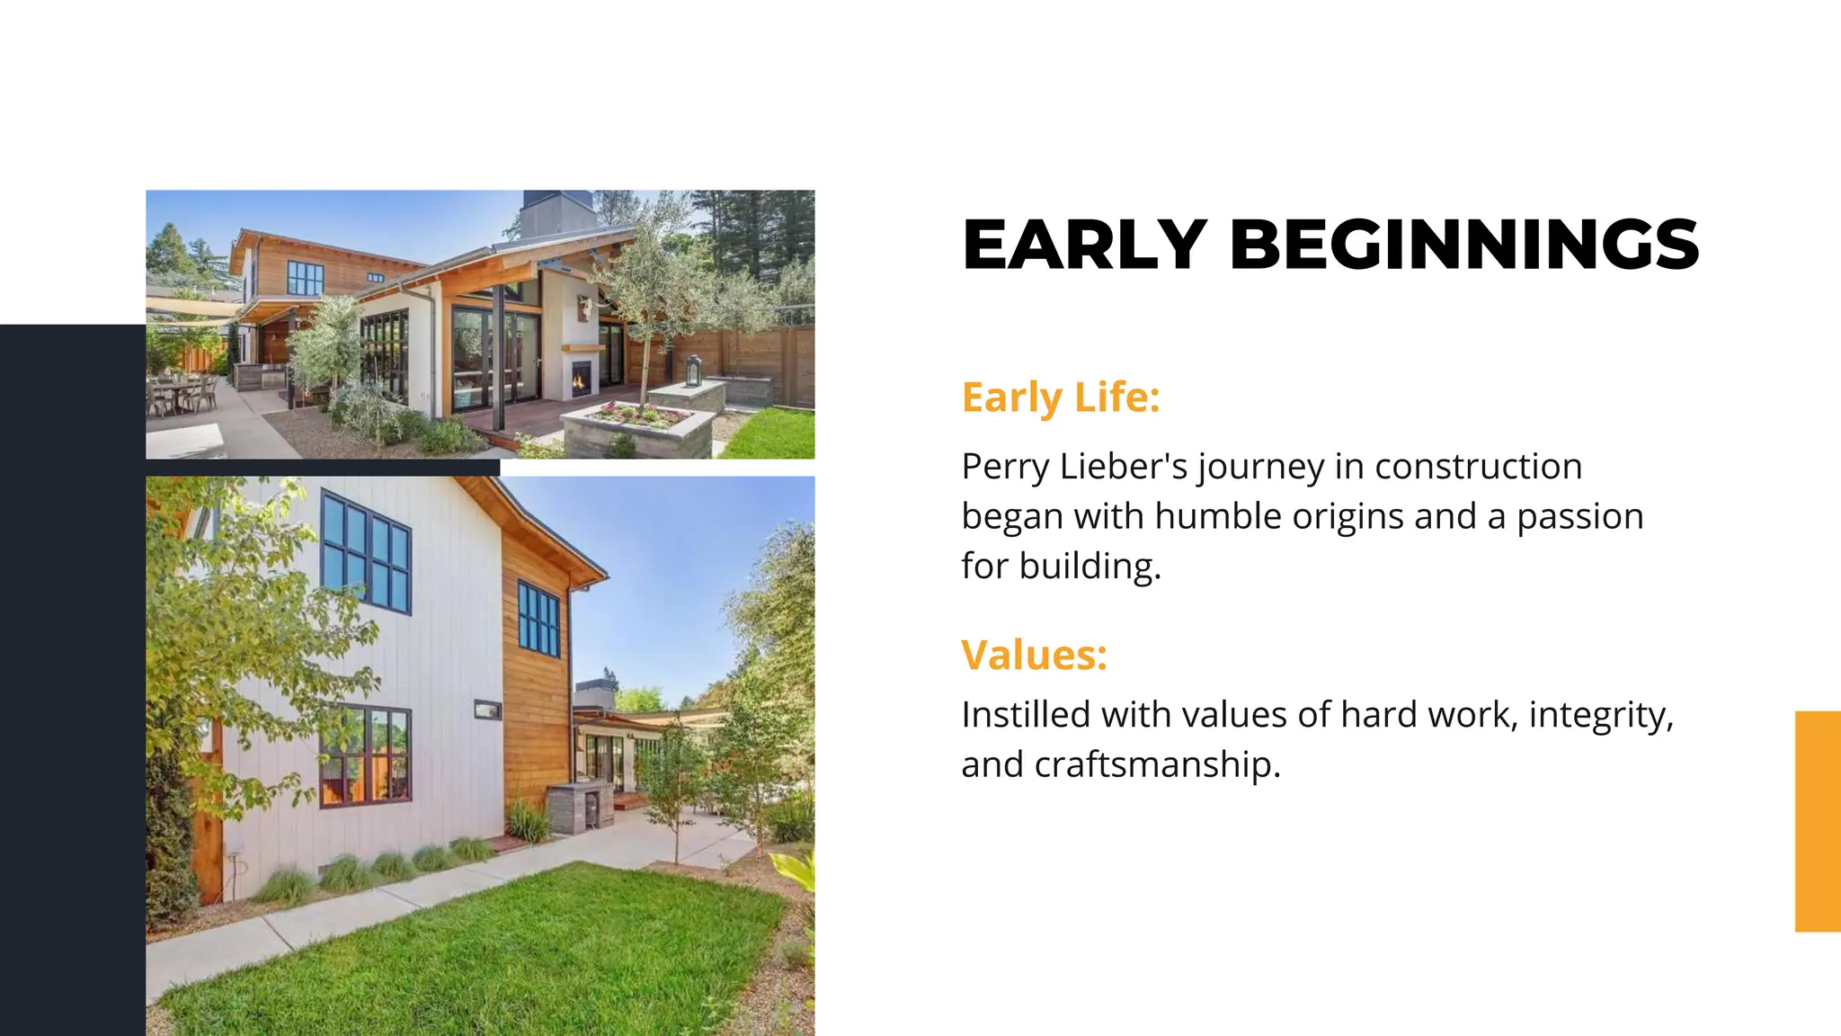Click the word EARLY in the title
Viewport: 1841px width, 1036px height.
point(1084,245)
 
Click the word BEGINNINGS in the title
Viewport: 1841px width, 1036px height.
point(1463,245)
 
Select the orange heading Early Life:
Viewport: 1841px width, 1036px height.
point(1061,397)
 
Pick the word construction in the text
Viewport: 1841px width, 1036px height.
point(1478,467)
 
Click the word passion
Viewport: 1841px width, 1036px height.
point(1579,517)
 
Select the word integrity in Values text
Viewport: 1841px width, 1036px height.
point(1600,715)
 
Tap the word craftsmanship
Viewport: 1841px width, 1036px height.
point(1156,764)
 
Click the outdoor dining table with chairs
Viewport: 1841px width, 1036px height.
point(182,393)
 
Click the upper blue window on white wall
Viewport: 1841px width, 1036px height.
point(366,550)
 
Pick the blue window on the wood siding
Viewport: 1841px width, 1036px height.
point(538,619)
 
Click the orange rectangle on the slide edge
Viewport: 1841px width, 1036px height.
point(1817,820)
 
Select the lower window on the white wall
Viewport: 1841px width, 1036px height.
point(365,756)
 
